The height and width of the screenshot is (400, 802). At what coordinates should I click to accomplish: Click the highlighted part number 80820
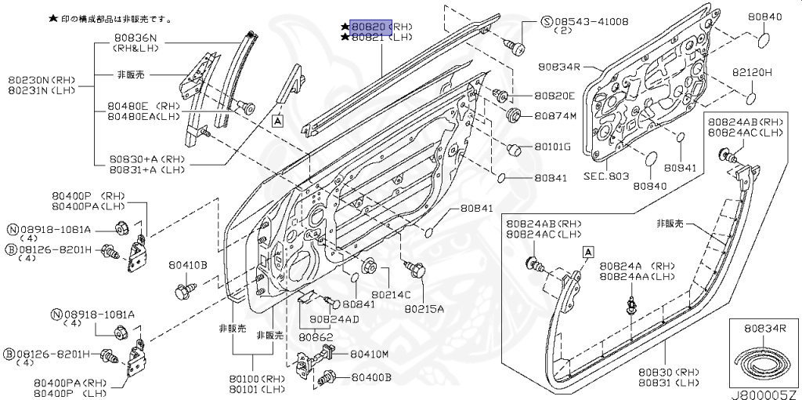(x=369, y=26)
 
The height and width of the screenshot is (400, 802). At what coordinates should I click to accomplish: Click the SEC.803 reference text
(x=606, y=176)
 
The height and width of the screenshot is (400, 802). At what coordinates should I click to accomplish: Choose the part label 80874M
(x=555, y=116)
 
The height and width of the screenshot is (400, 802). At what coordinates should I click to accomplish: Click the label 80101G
(x=552, y=147)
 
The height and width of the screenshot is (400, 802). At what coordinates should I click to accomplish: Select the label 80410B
(x=188, y=265)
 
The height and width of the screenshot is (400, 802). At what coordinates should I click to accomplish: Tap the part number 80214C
(x=391, y=294)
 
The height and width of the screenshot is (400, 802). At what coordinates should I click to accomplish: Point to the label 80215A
(x=424, y=308)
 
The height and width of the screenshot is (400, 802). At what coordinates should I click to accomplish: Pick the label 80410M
(x=369, y=354)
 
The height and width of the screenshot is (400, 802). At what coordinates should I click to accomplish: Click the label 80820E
(x=555, y=96)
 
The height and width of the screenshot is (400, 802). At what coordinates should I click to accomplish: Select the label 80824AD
(x=334, y=319)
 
